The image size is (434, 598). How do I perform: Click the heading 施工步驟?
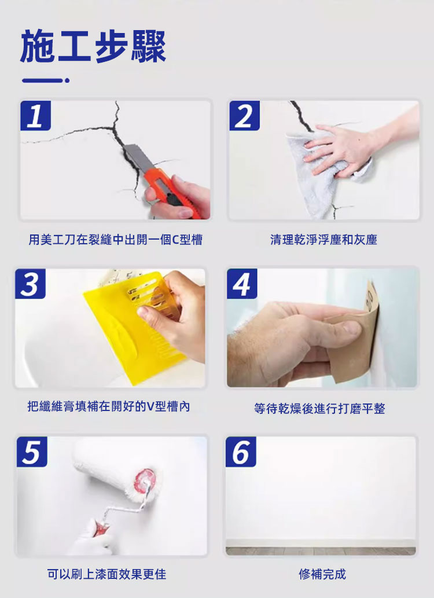tap(93, 46)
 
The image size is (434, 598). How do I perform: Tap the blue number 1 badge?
tap(35, 116)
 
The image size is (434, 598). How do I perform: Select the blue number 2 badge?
tap(244, 116)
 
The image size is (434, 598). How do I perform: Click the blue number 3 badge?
tap(31, 284)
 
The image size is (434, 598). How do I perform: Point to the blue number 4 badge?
tap(242, 284)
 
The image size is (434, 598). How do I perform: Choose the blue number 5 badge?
tap(32, 452)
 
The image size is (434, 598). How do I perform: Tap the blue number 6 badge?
tap(241, 452)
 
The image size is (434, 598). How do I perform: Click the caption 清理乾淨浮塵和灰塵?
tap(324, 240)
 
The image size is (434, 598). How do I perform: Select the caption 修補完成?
tap(322, 574)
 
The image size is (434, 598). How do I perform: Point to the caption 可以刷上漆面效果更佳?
tap(107, 574)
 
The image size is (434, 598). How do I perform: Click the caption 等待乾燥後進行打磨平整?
tap(319, 409)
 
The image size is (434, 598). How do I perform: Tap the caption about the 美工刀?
tap(116, 240)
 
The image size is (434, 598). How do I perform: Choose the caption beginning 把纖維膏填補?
tap(109, 406)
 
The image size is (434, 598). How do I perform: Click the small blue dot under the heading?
tap(67, 80)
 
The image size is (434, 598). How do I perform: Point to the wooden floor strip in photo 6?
tap(321, 551)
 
